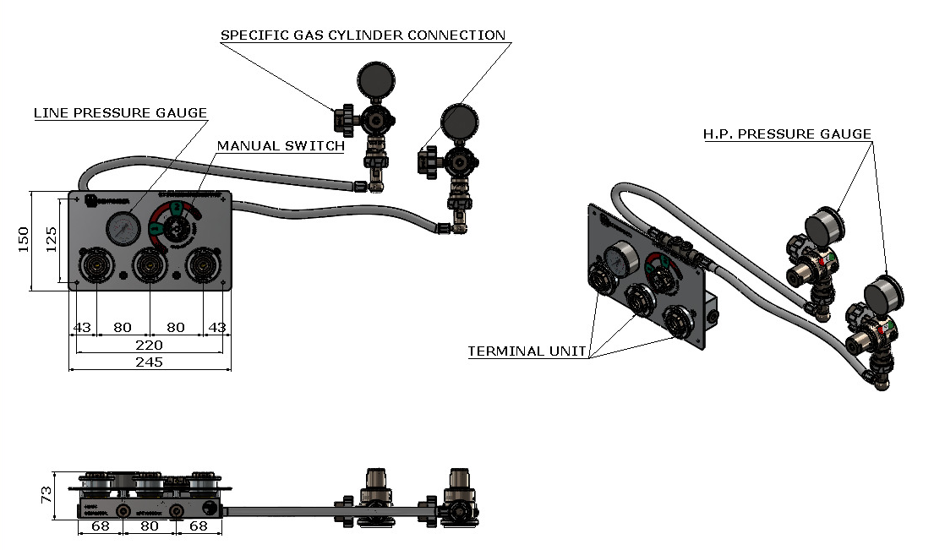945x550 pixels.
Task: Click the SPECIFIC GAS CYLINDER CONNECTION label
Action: [x=363, y=35]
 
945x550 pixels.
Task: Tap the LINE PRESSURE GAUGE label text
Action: [x=120, y=113]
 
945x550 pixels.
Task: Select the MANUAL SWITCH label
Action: [x=281, y=146]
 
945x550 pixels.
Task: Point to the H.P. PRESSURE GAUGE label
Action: [x=787, y=134]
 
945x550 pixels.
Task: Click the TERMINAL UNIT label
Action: [x=527, y=351]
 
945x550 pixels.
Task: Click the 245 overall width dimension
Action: [x=149, y=362]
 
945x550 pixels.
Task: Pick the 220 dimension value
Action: [x=149, y=345]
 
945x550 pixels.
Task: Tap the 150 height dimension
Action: [x=25, y=240]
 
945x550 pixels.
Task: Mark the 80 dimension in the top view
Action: [x=149, y=526]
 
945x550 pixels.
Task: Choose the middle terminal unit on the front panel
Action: [x=149, y=266]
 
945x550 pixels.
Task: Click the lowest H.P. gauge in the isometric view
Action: [x=883, y=296]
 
